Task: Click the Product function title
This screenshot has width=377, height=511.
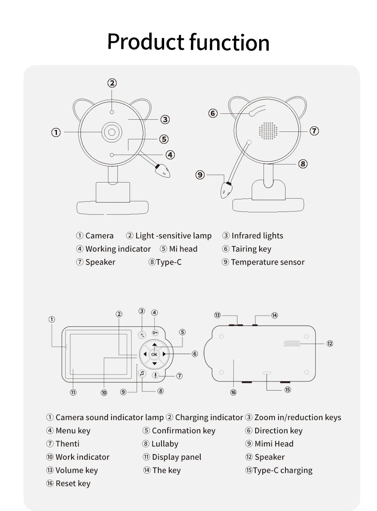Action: point(188,42)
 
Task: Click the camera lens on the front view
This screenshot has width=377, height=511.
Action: point(112,132)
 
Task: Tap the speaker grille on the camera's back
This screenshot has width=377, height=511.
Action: point(268,131)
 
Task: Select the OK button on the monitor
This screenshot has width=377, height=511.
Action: point(154,354)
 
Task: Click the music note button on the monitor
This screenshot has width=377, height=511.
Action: point(142,373)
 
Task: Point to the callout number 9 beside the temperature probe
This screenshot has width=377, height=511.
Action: point(200,175)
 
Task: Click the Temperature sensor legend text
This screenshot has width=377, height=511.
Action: point(267,262)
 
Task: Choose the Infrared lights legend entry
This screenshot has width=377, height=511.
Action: point(257,236)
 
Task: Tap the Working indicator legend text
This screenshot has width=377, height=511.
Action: point(118,249)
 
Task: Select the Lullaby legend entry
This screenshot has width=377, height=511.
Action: point(165,444)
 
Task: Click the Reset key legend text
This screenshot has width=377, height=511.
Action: point(73,484)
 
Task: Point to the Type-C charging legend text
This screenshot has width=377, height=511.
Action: point(282,470)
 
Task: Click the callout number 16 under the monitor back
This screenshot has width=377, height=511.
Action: point(233,392)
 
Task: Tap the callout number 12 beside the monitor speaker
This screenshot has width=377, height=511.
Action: point(330,343)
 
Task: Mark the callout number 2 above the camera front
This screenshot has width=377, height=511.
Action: point(112,83)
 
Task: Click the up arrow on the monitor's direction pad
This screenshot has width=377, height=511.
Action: point(154,345)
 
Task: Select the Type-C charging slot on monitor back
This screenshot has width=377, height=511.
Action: point(267,373)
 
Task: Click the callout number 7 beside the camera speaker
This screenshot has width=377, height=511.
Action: point(314,131)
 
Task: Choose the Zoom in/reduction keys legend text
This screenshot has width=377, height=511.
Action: point(297,418)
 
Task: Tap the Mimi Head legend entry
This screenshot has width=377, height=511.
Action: point(274,444)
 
